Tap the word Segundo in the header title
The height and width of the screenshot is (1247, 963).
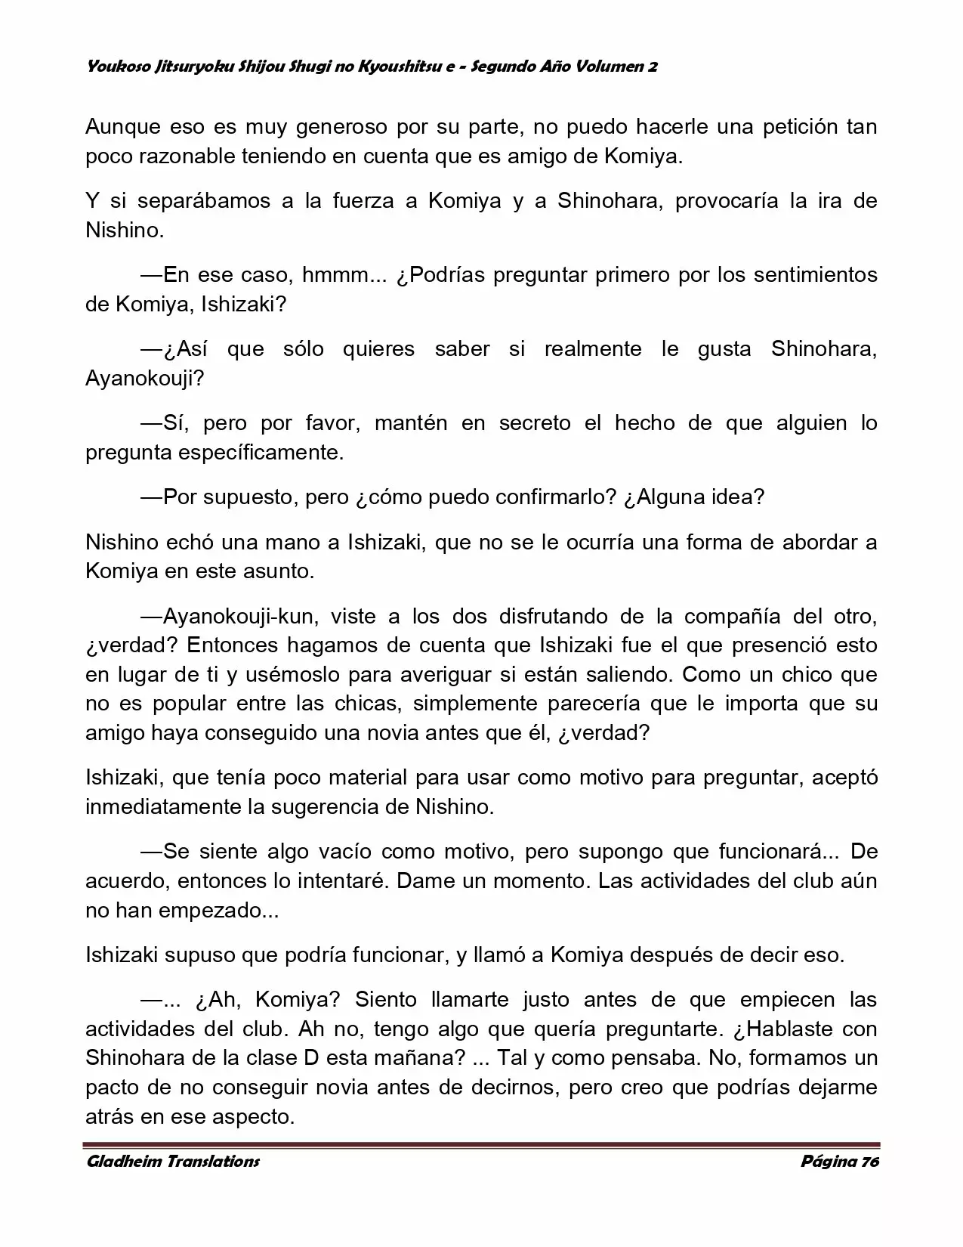502,67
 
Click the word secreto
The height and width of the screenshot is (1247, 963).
535,422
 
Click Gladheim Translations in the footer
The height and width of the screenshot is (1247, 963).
173,1162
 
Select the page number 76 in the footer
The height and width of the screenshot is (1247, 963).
869,1162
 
